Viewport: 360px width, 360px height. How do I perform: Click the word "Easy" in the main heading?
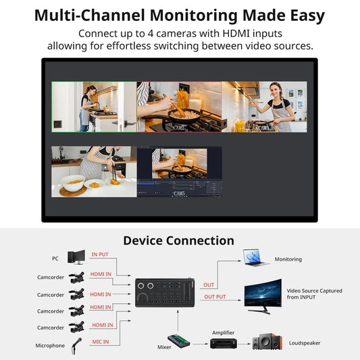tap(297, 16)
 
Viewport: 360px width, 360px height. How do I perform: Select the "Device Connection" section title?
tap(179, 240)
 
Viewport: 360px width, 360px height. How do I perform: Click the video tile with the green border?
tap(94, 107)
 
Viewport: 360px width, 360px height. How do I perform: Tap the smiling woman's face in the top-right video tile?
tap(276, 91)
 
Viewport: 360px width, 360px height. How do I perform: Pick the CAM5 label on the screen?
tap(179, 194)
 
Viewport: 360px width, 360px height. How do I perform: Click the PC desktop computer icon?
tap(76, 257)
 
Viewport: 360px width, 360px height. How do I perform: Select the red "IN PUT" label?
tap(100, 255)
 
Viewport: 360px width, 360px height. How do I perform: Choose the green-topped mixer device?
tap(179, 341)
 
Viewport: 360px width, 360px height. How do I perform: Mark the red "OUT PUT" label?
tap(215, 297)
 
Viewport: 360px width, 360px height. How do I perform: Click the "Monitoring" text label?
tap(288, 259)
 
